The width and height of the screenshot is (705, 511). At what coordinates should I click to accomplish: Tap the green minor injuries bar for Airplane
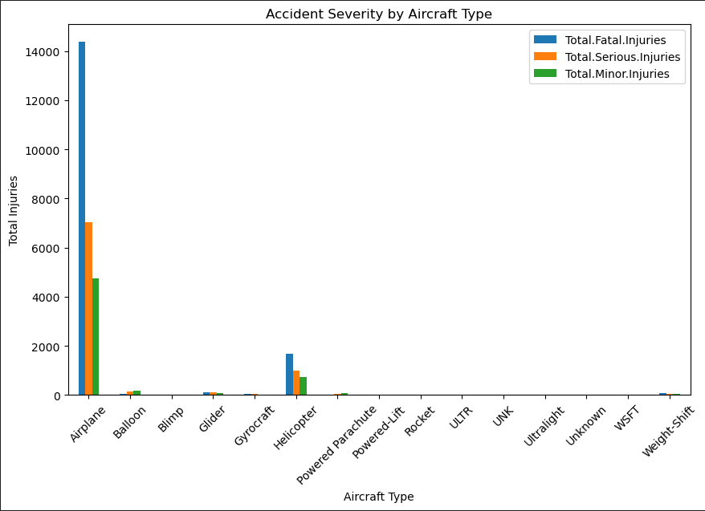[x=96, y=337]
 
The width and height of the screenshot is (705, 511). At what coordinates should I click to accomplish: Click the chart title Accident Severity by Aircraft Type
[x=378, y=14]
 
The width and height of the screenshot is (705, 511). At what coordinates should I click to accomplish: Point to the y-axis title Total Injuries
[x=14, y=210]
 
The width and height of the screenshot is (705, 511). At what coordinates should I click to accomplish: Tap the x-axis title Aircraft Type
[x=378, y=497]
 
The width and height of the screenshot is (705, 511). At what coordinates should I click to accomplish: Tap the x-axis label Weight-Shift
[x=668, y=431]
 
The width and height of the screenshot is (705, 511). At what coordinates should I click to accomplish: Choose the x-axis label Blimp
[x=172, y=420]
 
